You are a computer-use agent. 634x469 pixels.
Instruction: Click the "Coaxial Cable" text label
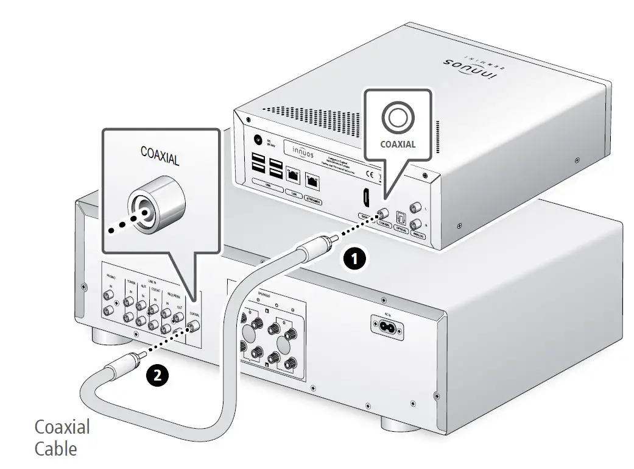point(62,437)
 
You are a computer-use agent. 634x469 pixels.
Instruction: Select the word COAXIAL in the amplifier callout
point(160,156)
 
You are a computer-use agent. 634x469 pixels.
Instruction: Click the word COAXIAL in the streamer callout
point(398,145)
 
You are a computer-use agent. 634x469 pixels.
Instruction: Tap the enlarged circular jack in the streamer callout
point(397,116)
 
